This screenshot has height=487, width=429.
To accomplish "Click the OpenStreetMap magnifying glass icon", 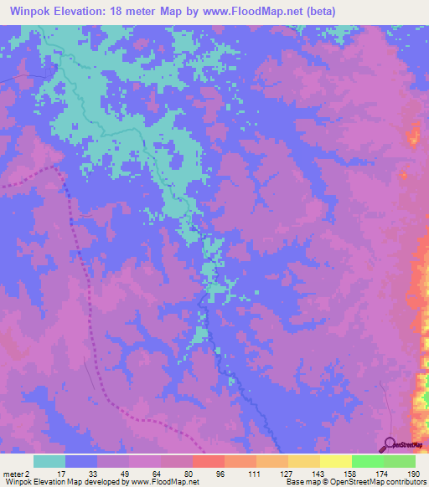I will [x=390, y=443].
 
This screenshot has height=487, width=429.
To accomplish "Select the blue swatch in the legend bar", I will [x=81, y=461].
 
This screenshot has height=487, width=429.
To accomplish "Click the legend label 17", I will [x=49, y=473].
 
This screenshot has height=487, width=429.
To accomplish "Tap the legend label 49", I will [x=112, y=473].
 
